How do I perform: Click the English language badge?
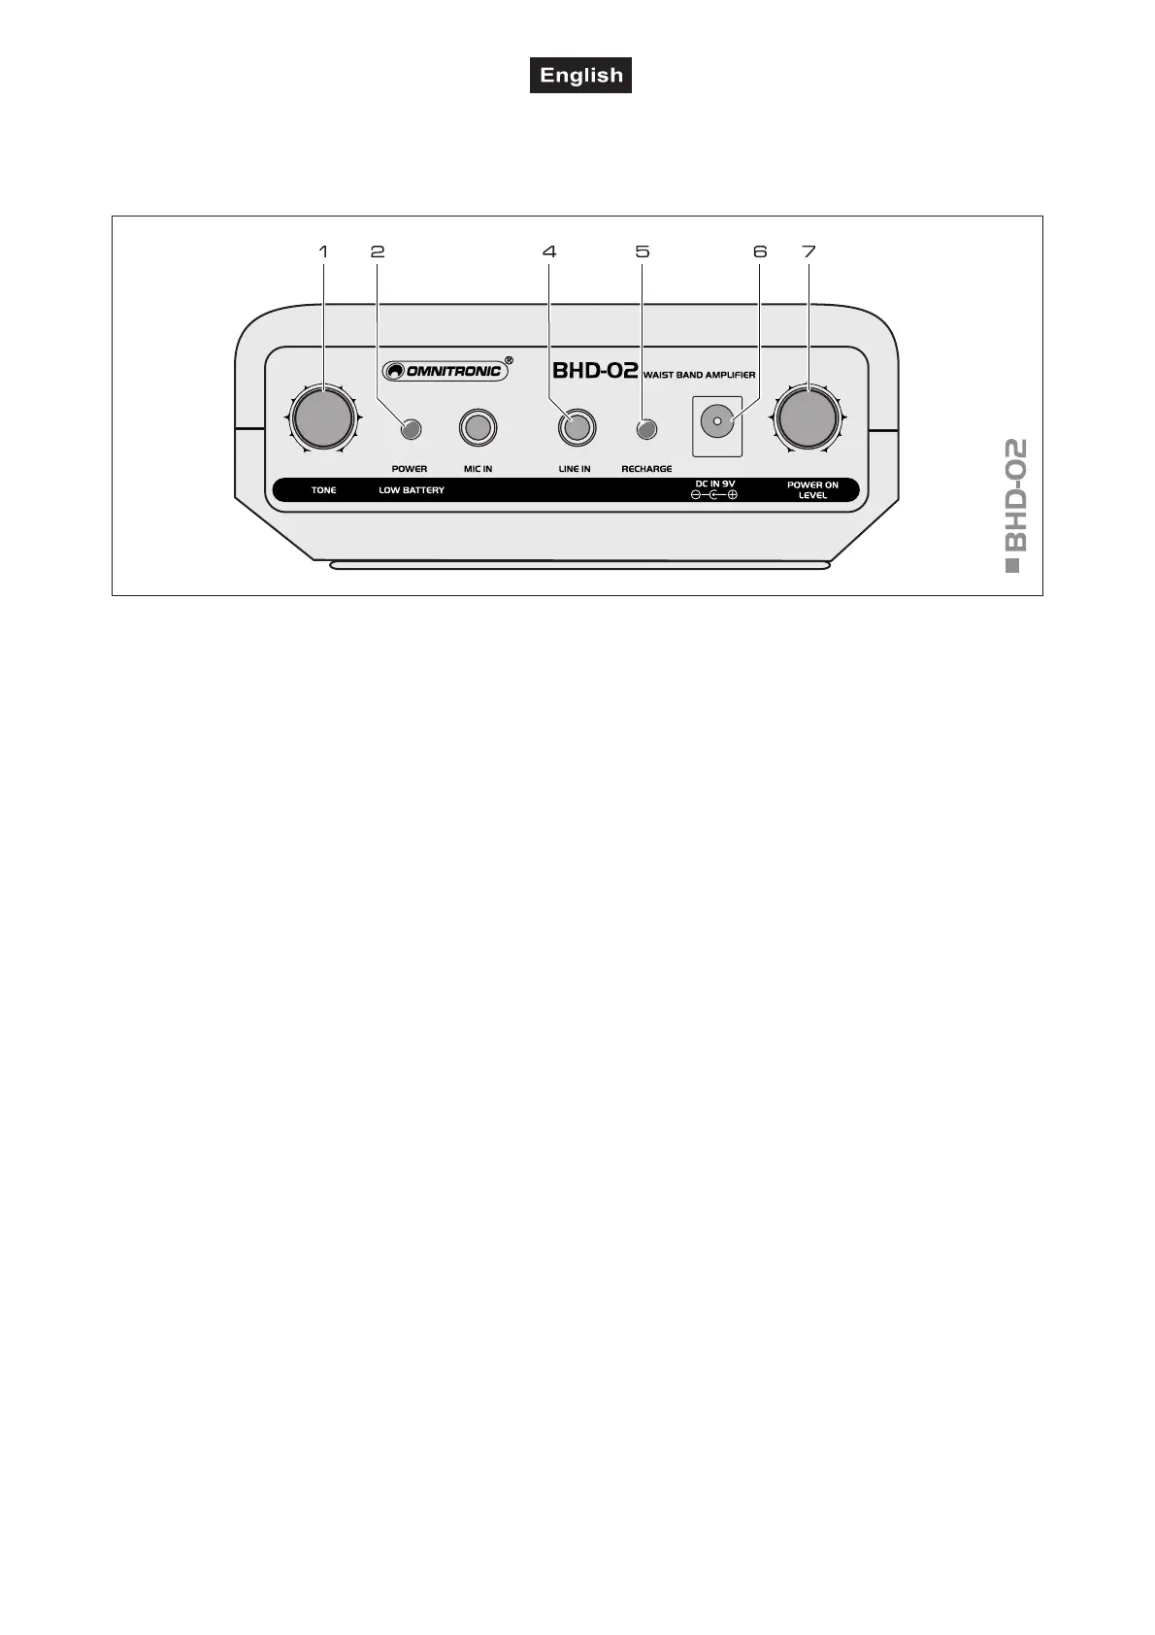point(580,76)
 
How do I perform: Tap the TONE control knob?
point(323,417)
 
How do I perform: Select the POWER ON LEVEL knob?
point(807,417)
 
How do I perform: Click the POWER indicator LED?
point(411,428)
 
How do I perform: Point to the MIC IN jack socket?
point(478,428)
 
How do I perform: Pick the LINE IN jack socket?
point(576,428)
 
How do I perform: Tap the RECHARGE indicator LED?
point(644,428)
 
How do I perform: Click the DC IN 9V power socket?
point(716,422)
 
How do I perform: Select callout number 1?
point(323,251)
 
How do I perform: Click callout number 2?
point(378,251)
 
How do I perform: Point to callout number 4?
point(549,251)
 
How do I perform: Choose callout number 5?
point(642,251)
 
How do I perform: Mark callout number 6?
point(759,251)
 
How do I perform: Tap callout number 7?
point(808,251)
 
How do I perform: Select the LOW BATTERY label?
point(412,490)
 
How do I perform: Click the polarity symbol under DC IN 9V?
point(714,495)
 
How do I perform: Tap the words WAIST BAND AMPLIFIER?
point(699,374)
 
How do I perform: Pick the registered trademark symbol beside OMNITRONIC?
point(510,360)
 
